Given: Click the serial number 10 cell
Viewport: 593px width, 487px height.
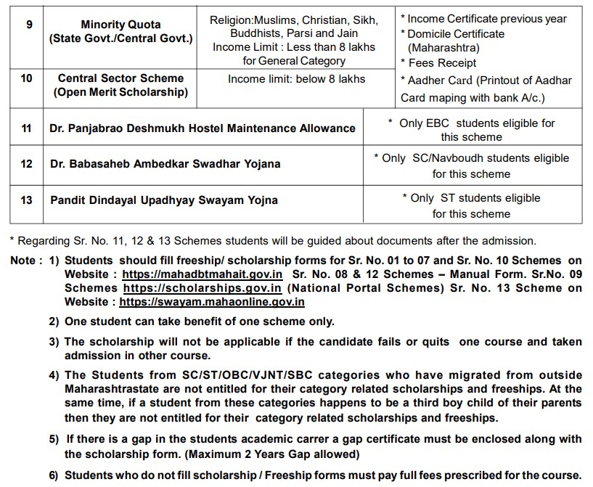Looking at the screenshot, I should (x=27, y=78).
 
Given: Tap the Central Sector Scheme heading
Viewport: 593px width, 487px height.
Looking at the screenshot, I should (x=121, y=78).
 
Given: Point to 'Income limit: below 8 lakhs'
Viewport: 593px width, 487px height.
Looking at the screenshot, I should (x=296, y=78).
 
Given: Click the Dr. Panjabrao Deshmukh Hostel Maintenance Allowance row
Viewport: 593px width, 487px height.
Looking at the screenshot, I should (x=203, y=128).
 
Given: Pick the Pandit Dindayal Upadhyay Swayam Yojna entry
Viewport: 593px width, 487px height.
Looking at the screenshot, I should (x=164, y=200).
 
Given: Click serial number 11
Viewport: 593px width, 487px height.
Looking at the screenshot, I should (x=27, y=128).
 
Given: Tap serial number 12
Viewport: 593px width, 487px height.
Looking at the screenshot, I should (x=27, y=164).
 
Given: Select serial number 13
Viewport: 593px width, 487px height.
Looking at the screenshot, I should (x=27, y=200).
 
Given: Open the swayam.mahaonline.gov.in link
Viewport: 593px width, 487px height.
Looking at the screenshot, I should (x=212, y=302).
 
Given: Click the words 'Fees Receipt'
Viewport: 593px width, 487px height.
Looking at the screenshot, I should (x=442, y=63).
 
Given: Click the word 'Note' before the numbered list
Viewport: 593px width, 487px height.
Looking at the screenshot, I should (x=23, y=261).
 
